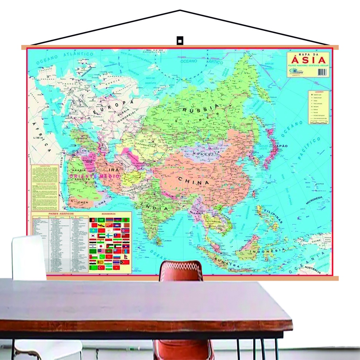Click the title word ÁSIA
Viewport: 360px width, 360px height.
pyautogui.click(x=308, y=60)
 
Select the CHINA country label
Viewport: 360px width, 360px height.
pyautogui.click(x=193, y=182)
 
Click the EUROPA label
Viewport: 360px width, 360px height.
pyautogui.click(x=114, y=107)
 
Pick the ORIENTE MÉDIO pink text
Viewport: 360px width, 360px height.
pyautogui.click(x=95, y=176)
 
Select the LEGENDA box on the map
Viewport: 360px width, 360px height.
pyautogui.click(x=319, y=107)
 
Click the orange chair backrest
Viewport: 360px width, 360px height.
pyautogui.click(x=181, y=271)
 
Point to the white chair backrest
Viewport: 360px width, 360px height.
pyautogui.click(x=29, y=258)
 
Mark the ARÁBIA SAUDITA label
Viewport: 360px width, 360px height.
pyautogui.click(x=79, y=174)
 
